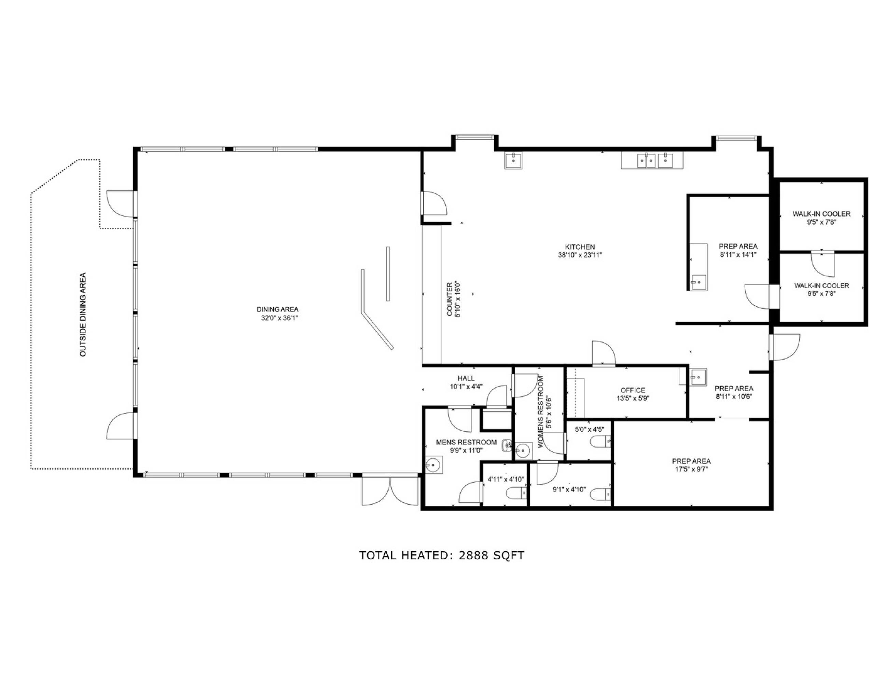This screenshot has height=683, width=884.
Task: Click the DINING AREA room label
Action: (x=277, y=309)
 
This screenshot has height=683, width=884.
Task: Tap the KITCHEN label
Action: (x=580, y=247)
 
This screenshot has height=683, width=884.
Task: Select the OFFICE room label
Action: (x=633, y=390)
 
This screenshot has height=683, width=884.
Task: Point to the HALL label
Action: (x=466, y=378)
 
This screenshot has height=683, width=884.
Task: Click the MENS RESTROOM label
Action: (x=466, y=442)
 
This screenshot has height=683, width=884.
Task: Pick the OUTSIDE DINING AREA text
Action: (x=83, y=315)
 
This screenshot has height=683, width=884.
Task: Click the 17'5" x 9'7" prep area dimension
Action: (x=691, y=469)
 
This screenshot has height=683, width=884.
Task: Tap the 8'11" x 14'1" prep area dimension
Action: (x=738, y=254)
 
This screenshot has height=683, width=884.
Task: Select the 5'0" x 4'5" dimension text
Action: (x=589, y=429)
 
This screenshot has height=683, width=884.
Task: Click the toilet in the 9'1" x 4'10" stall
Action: (x=601, y=494)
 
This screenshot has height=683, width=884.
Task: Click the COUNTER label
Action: (x=449, y=299)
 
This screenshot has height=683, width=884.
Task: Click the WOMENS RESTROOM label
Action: (x=540, y=412)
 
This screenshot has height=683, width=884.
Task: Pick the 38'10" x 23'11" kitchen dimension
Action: (x=580, y=255)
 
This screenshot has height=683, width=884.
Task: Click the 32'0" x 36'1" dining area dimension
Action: (x=279, y=318)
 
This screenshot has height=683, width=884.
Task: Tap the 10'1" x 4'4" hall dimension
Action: (x=466, y=387)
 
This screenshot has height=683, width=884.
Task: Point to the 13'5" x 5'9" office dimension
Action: (x=633, y=398)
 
